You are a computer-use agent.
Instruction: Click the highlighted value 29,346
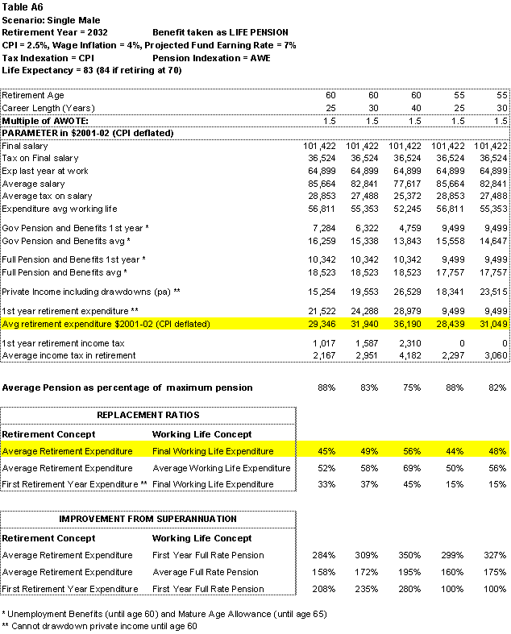[x=320, y=324]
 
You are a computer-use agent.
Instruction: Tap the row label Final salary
[x=25, y=146]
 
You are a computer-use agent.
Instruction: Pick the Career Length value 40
[x=416, y=108]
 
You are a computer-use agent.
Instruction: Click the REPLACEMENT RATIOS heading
[x=149, y=416]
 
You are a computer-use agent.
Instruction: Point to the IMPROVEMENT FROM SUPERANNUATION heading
[x=148, y=518]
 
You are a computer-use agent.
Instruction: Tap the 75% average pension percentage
[x=413, y=387]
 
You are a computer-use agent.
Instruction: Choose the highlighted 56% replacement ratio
[x=413, y=451]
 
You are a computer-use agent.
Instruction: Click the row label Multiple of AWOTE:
[x=45, y=120]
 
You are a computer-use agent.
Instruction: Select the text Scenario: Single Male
[x=51, y=20]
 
